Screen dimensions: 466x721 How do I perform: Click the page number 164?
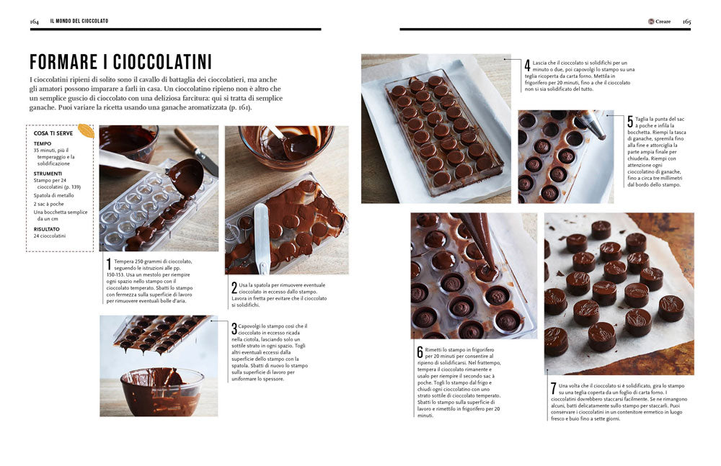point(34,21)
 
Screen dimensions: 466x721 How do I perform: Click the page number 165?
point(686,21)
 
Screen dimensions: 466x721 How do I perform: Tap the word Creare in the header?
point(663,22)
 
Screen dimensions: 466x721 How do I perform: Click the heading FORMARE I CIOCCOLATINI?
point(120,61)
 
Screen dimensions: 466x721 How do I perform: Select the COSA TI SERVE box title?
point(55,133)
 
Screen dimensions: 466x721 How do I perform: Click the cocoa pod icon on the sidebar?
point(86,131)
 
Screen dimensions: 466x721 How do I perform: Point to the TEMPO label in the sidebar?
point(43,143)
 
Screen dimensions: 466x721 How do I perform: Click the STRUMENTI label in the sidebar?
point(48,174)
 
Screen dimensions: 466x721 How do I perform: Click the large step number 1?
point(109,264)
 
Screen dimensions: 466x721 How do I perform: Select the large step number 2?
point(234,287)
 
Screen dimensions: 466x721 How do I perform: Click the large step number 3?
point(234,329)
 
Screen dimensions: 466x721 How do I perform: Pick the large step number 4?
point(527,65)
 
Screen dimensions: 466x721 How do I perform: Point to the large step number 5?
point(630,122)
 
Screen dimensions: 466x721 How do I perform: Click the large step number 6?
point(420,352)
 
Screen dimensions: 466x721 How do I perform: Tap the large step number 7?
point(553,389)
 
